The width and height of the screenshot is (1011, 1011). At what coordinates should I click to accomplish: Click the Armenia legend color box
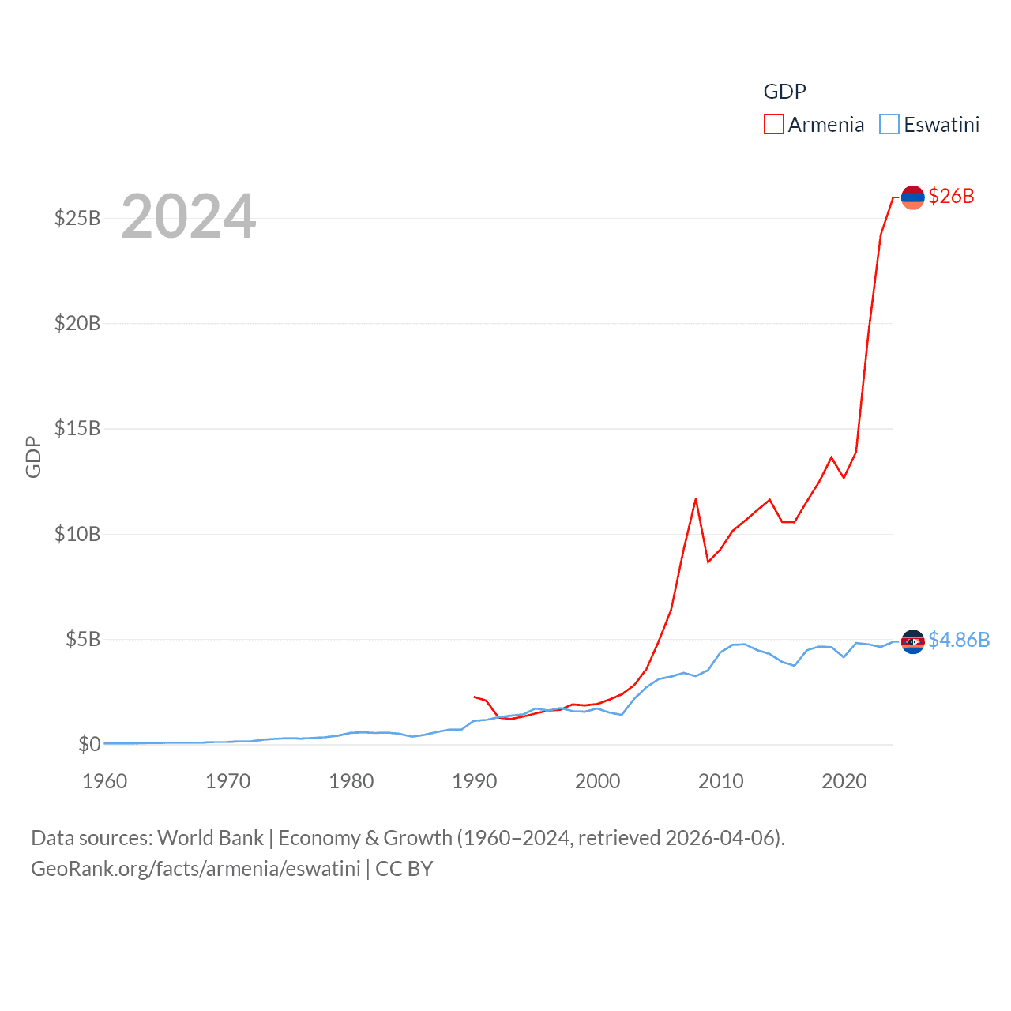773,125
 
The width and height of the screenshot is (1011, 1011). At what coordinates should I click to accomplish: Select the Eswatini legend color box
889,125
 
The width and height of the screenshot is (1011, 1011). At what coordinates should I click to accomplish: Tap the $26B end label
951,196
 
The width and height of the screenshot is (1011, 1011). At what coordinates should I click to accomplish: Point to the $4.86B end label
959,640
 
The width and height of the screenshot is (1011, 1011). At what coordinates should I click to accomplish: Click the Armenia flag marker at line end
912,197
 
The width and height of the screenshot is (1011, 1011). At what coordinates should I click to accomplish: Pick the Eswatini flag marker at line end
912,641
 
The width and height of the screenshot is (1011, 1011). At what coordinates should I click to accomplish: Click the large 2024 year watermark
188,216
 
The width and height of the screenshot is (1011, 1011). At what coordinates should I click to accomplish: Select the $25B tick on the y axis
77,218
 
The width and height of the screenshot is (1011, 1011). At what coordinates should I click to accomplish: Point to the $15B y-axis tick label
77,428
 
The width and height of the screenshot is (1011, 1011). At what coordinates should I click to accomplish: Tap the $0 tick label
89,744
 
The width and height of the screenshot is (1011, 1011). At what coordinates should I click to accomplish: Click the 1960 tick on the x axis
104,782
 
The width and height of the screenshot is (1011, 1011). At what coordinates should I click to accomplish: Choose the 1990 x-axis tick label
474,782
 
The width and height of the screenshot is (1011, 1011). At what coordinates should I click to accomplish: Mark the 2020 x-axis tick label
844,782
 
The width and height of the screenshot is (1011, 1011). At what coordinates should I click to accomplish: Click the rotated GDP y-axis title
33,457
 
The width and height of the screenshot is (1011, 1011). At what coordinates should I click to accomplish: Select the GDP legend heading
784,92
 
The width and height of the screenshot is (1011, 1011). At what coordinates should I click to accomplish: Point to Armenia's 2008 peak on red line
696,499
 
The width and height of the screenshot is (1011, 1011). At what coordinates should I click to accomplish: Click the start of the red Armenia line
474,697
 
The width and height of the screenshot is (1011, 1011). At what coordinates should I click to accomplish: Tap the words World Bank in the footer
210,838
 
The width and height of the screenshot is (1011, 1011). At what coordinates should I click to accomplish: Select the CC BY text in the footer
404,869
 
